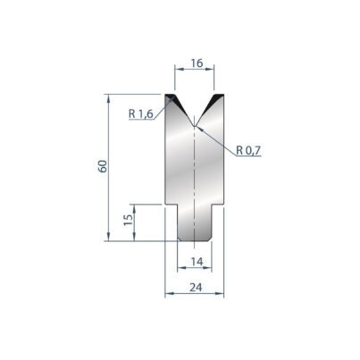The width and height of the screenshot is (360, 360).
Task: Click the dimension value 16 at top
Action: click(x=197, y=63)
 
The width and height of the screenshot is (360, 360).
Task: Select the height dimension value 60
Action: click(x=103, y=166)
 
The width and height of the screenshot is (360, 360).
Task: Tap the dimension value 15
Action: click(x=129, y=220)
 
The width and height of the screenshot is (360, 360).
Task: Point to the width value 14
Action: click(x=197, y=262)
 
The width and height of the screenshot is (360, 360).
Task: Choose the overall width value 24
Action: click(x=196, y=288)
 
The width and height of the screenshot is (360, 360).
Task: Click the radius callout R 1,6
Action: click(x=141, y=113)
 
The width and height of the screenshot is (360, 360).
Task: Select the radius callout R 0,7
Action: click(x=248, y=151)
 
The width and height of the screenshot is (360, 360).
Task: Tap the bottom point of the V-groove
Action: click(x=194, y=126)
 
